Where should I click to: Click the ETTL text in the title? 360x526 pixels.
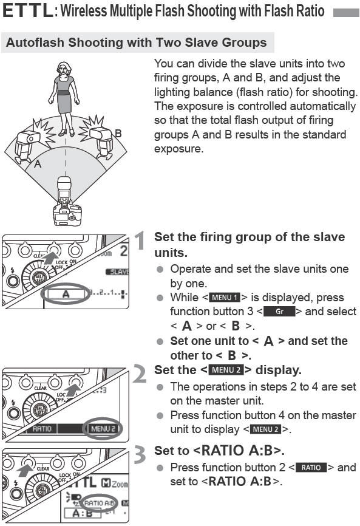click(x=27, y=12)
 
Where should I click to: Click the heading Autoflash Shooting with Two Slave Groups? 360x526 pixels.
click(x=136, y=43)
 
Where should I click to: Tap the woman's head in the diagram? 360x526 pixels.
click(x=64, y=68)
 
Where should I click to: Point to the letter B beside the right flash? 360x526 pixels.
click(x=118, y=133)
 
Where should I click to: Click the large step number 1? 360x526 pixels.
click(x=140, y=241)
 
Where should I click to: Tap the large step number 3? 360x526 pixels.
click(x=140, y=454)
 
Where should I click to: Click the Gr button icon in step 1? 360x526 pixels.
click(x=279, y=312)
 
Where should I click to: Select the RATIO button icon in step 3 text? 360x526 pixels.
click(x=311, y=468)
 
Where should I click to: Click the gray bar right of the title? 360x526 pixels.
click(x=345, y=12)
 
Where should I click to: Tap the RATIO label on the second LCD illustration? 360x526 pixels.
click(x=42, y=429)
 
